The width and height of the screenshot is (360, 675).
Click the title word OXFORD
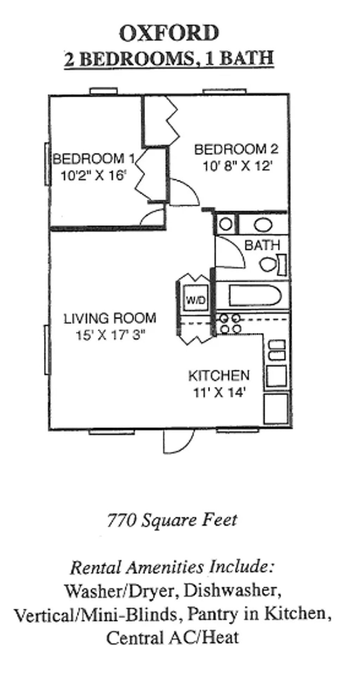tap(169, 34)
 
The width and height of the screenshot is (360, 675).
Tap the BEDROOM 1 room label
tap(93, 159)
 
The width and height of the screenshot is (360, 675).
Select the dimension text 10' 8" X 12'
tap(237, 166)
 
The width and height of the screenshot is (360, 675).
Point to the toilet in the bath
tap(269, 264)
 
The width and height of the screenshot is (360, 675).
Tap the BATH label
tap(262, 245)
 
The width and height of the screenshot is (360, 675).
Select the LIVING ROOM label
tap(110, 319)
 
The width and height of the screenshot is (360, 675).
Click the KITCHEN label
tap(219, 376)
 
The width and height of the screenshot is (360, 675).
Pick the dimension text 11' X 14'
tap(219, 392)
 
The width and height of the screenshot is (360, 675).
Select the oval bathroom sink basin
tap(263, 225)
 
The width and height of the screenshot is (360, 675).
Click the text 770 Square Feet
tap(172, 520)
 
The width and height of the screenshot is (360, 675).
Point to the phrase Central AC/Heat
tap(173, 637)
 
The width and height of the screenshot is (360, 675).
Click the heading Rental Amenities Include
tap(172, 567)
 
